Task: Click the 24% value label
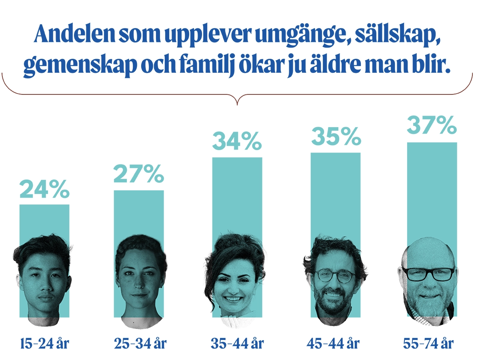click(x=44, y=190)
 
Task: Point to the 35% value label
click(x=336, y=137)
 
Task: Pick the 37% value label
click(x=432, y=126)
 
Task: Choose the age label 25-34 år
click(x=140, y=343)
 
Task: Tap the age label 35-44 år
click(x=237, y=343)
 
